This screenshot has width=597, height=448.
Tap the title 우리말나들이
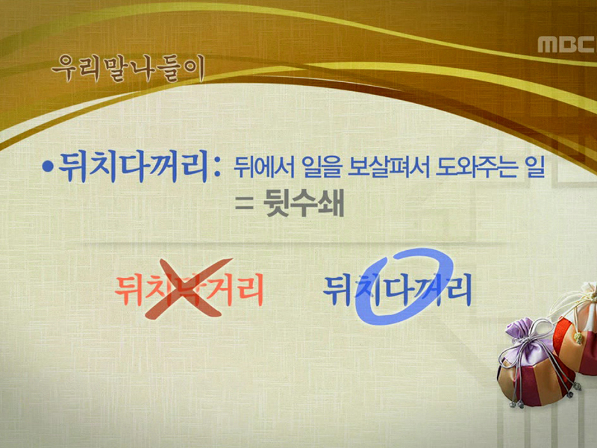click(127, 69)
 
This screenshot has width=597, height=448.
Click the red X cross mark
click(185, 290)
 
